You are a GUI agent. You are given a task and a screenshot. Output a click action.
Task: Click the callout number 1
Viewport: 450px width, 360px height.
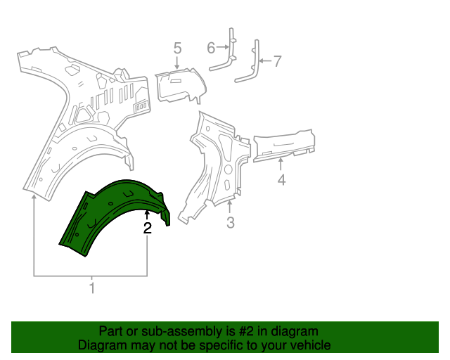click(x=91, y=287)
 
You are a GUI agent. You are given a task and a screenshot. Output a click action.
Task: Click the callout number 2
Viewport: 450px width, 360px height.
click(x=147, y=228)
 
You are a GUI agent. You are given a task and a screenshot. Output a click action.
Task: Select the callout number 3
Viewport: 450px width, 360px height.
click(x=230, y=224)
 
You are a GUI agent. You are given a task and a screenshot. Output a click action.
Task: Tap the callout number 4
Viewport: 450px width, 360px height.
click(x=281, y=181)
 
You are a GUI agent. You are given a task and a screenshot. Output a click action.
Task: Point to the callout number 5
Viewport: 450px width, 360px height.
click(x=177, y=48)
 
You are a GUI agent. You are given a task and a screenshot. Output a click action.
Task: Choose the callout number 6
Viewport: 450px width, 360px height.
click(x=211, y=48)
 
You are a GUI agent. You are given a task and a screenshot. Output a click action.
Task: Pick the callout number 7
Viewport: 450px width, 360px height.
click(x=277, y=61)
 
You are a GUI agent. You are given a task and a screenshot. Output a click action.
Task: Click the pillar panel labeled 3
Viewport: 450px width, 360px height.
click(x=218, y=165)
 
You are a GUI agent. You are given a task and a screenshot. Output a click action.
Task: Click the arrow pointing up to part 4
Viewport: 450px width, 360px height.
click(x=281, y=165)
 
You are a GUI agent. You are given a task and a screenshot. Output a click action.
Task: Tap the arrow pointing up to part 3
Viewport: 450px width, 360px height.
click(x=230, y=207)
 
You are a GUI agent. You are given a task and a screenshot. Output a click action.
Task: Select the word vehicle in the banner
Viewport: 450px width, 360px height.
click(x=309, y=345)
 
